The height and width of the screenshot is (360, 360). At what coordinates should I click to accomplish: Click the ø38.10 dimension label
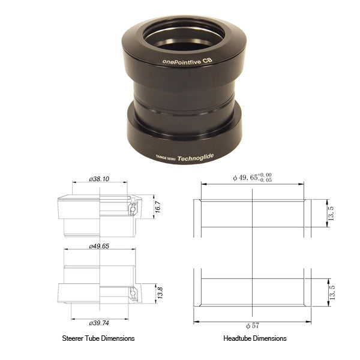point(99,179)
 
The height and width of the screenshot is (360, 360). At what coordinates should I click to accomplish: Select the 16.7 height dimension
point(158,207)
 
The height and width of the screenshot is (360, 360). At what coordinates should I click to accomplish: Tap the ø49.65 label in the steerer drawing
point(99,246)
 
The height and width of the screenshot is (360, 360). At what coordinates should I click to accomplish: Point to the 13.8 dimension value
point(160,293)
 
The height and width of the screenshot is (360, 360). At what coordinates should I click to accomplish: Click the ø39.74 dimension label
point(99,323)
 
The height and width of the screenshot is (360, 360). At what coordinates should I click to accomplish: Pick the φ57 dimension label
point(253,326)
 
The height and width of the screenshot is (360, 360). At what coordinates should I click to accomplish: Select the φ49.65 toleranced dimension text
point(253,178)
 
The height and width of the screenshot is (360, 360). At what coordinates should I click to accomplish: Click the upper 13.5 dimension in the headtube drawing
point(331,214)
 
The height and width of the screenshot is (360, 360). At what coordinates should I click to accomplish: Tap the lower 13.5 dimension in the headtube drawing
point(332,292)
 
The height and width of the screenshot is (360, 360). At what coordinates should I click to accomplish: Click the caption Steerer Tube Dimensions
point(98,338)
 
